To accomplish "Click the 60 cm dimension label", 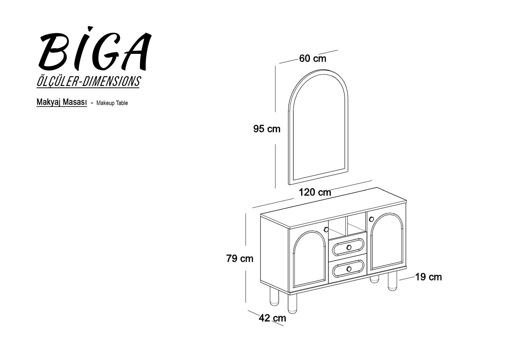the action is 313,59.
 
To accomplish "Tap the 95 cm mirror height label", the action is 267,129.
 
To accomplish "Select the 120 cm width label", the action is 315,192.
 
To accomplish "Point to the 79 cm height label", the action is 240,259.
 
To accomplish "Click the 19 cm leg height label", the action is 428,277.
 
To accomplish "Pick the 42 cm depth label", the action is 272,318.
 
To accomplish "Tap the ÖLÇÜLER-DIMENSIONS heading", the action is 88,82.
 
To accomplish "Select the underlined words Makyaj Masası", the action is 62,102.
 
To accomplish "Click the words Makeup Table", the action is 112,103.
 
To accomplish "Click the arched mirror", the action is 318,127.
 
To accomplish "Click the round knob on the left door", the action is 326,230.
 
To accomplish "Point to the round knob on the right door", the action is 371,220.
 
